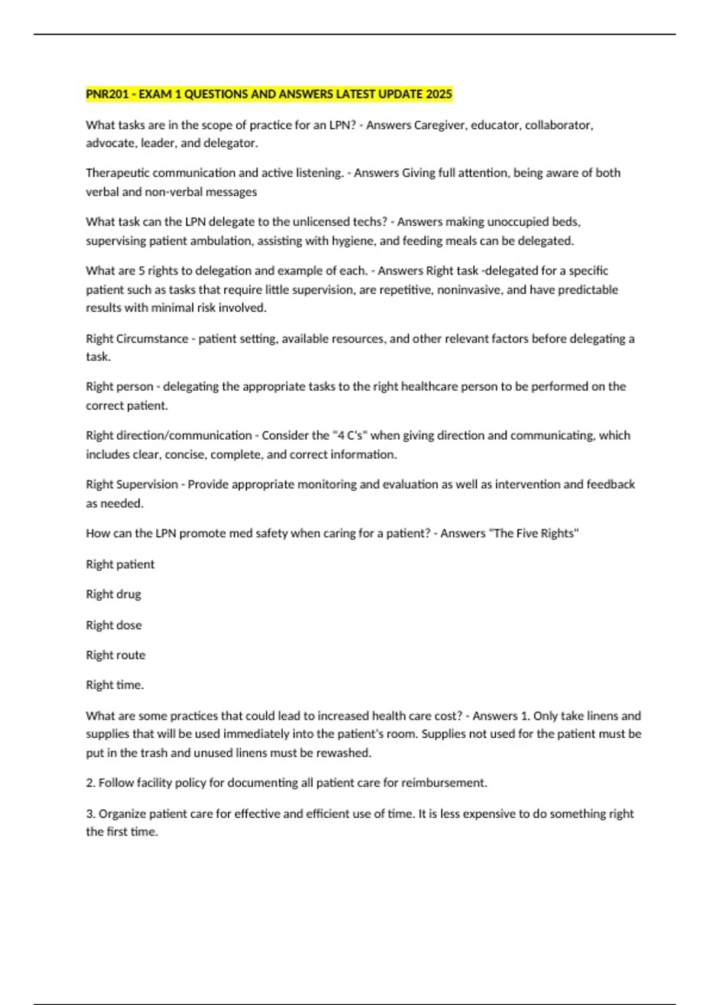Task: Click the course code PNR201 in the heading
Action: [x=107, y=94]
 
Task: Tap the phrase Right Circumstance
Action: [x=137, y=339]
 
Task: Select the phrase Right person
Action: [x=120, y=387]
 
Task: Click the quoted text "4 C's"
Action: [x=349, y=435]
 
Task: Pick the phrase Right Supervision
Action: [x=132, y=484]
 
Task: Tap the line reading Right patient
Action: [x=120, y=564]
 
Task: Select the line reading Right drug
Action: [x=114, y=594]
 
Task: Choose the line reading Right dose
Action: [x=114, y=625]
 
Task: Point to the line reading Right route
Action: [x=115, y=655]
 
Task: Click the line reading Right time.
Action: [x=115, y=685]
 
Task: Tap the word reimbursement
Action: [x=444, y=783]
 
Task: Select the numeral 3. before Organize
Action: [x=91, y=813]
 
